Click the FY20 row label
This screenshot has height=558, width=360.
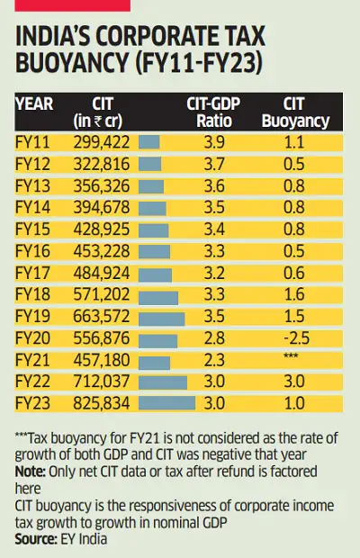click(x=32, y=338)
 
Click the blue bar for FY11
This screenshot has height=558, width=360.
click(x=149, y=141)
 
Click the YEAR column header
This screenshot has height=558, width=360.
click(x=35, y=102)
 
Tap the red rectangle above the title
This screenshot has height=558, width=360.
click(x=72, y=5)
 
